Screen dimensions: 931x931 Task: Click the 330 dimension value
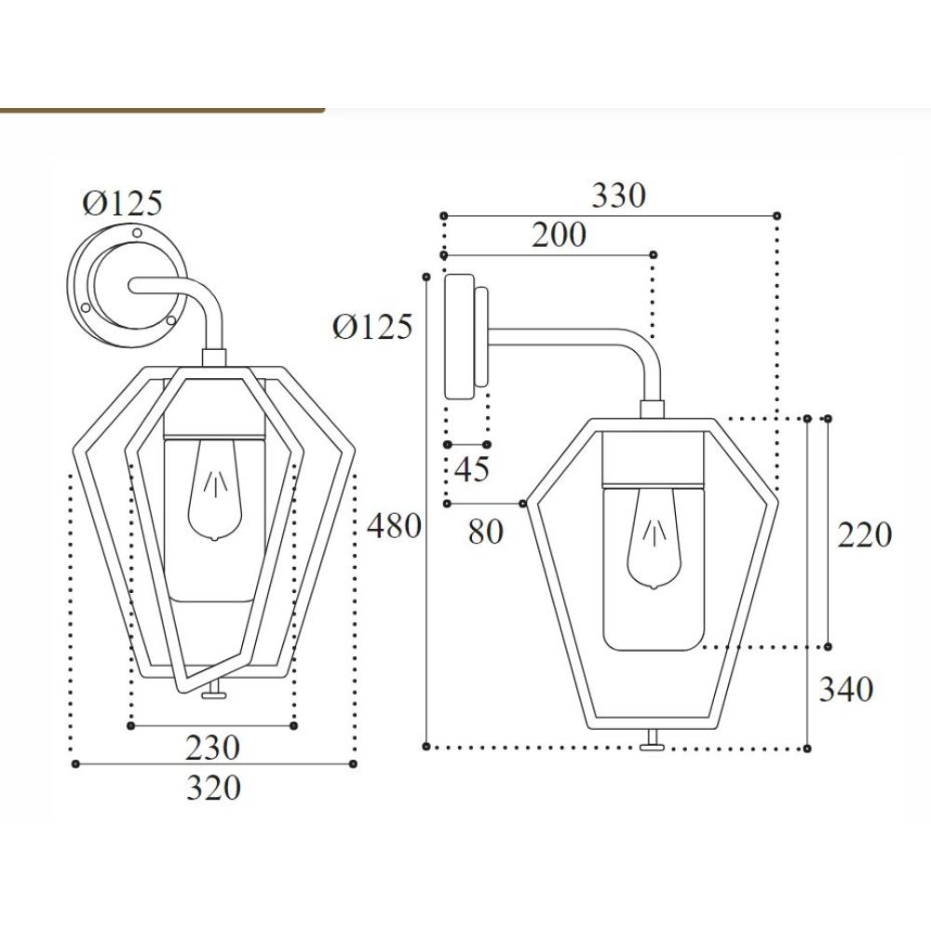[618, 196]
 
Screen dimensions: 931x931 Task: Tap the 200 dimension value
[558, 235]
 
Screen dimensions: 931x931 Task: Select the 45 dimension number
[472, 468]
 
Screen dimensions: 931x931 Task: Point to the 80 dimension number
[486, 532]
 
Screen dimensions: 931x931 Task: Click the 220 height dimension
[864, 534]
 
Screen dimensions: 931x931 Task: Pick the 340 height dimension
[846, 689]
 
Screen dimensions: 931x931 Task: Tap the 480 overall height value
[394, 526]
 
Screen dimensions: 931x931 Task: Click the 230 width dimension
[212, 748]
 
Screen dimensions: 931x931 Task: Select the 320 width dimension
[214, 788]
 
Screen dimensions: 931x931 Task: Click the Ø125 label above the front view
[122, 204]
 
